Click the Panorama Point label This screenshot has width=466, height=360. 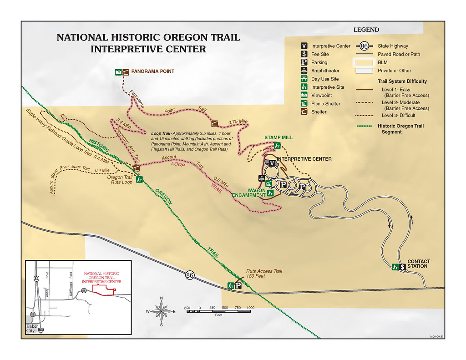tap(152, 71)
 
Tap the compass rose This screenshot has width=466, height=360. tap(162, 311)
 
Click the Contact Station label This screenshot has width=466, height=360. tap(418, 264)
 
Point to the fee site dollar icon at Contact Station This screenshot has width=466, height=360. tap(402, 267)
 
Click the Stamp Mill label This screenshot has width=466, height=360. tap(279, 137)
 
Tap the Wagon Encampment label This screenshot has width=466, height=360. tap(250, 193)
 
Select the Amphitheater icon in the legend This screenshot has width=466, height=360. tap(304, 71)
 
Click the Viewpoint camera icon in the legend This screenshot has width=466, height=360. tap(304, 95)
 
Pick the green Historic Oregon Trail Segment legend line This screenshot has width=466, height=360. tap(365, 126)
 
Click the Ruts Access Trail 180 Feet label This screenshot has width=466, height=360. tap(264, 274)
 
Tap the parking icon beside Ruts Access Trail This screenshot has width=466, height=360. tap(238, 286)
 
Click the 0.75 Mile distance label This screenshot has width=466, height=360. tap(238, 122)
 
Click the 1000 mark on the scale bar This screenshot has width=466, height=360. tap(250, 308)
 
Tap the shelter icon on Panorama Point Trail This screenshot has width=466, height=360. tap(214, 123)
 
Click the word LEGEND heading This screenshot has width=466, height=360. tap(366, 30)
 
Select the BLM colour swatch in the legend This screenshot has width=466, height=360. tap(365, 62)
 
